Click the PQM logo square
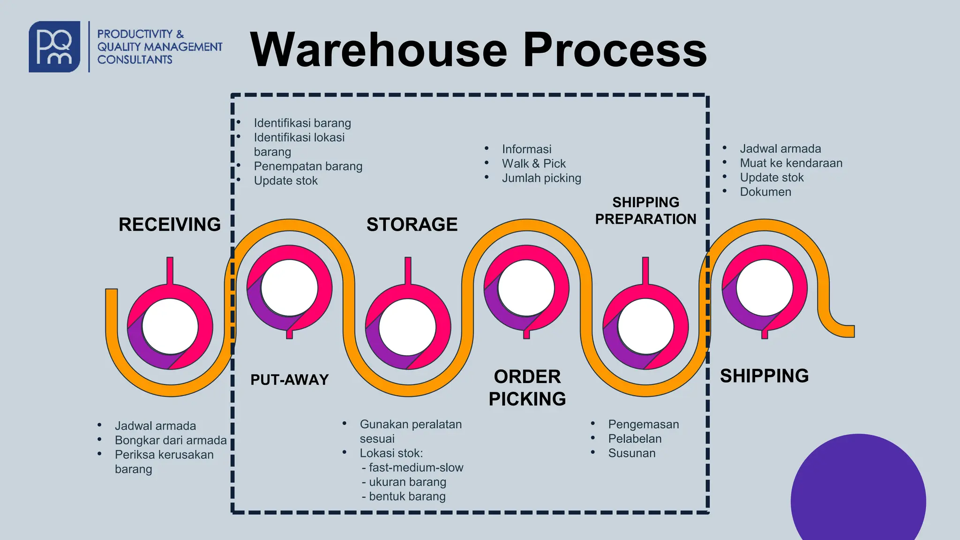54,46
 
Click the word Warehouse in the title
378,50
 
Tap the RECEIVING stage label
169,225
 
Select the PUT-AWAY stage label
289,379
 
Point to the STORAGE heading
412,225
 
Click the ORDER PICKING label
527,388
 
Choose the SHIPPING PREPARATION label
645,210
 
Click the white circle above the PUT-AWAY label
289,288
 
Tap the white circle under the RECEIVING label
170,327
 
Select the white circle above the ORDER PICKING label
526,288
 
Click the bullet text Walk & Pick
533,164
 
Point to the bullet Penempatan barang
308,166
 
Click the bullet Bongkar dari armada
171,440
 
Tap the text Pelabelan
635,439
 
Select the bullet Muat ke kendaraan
791,163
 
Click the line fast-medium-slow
415,467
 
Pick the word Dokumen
765,192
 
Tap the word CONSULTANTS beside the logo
135,60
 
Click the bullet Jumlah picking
541,178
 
